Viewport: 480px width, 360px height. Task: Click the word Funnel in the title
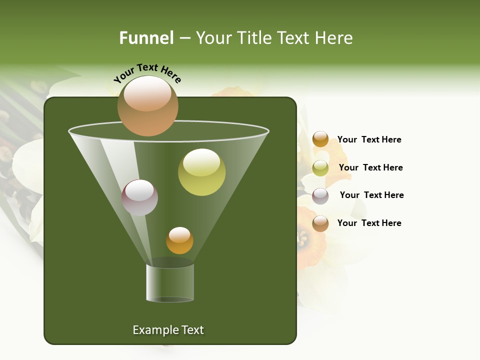[146, 38]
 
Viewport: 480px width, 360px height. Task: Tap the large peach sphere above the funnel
[147, 106]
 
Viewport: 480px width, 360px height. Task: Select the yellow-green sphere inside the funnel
[201, 172]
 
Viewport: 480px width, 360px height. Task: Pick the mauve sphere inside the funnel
[139, 197]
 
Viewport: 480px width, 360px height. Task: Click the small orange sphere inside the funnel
[179, 240]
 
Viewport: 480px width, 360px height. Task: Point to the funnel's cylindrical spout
[170, 282]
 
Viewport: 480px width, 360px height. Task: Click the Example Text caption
[168, 330]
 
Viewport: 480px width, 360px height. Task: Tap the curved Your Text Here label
[147, 73]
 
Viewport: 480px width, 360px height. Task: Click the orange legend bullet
[320, 139]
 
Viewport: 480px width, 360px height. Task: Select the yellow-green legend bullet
[320, 168]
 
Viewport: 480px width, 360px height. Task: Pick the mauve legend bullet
[320, 196]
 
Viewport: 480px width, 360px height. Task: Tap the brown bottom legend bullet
[320, 223]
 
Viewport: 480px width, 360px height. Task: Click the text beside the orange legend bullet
[369, 140]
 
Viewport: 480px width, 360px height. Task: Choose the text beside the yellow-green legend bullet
[370, 168]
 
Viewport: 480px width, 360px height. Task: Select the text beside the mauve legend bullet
[371, 195]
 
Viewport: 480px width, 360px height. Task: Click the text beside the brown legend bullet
[369, 223]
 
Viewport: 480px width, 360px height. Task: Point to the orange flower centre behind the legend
[303, 237]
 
